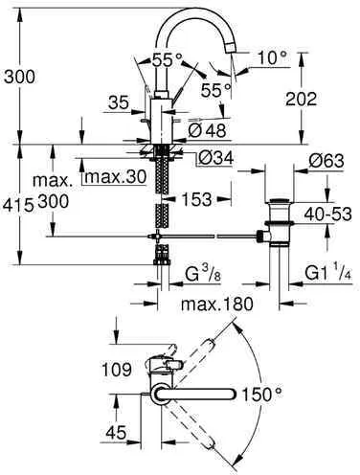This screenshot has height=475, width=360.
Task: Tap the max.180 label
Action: [216, 305]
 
